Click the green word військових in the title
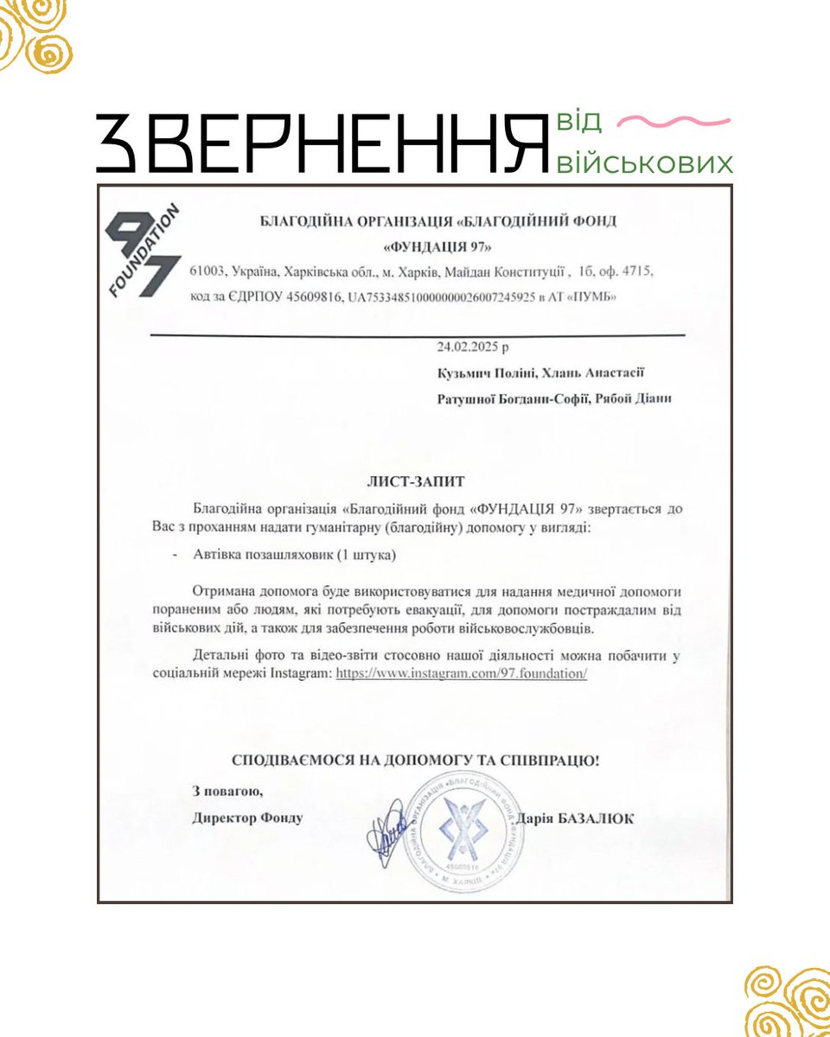pos(644,163)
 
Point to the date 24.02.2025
pos(472,348)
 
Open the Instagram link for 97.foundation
pos(461,672)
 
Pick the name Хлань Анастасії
pos(585,372)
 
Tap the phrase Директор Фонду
pos(248,818)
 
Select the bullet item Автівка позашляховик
pos(295,557)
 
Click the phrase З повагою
pos(227,791)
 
